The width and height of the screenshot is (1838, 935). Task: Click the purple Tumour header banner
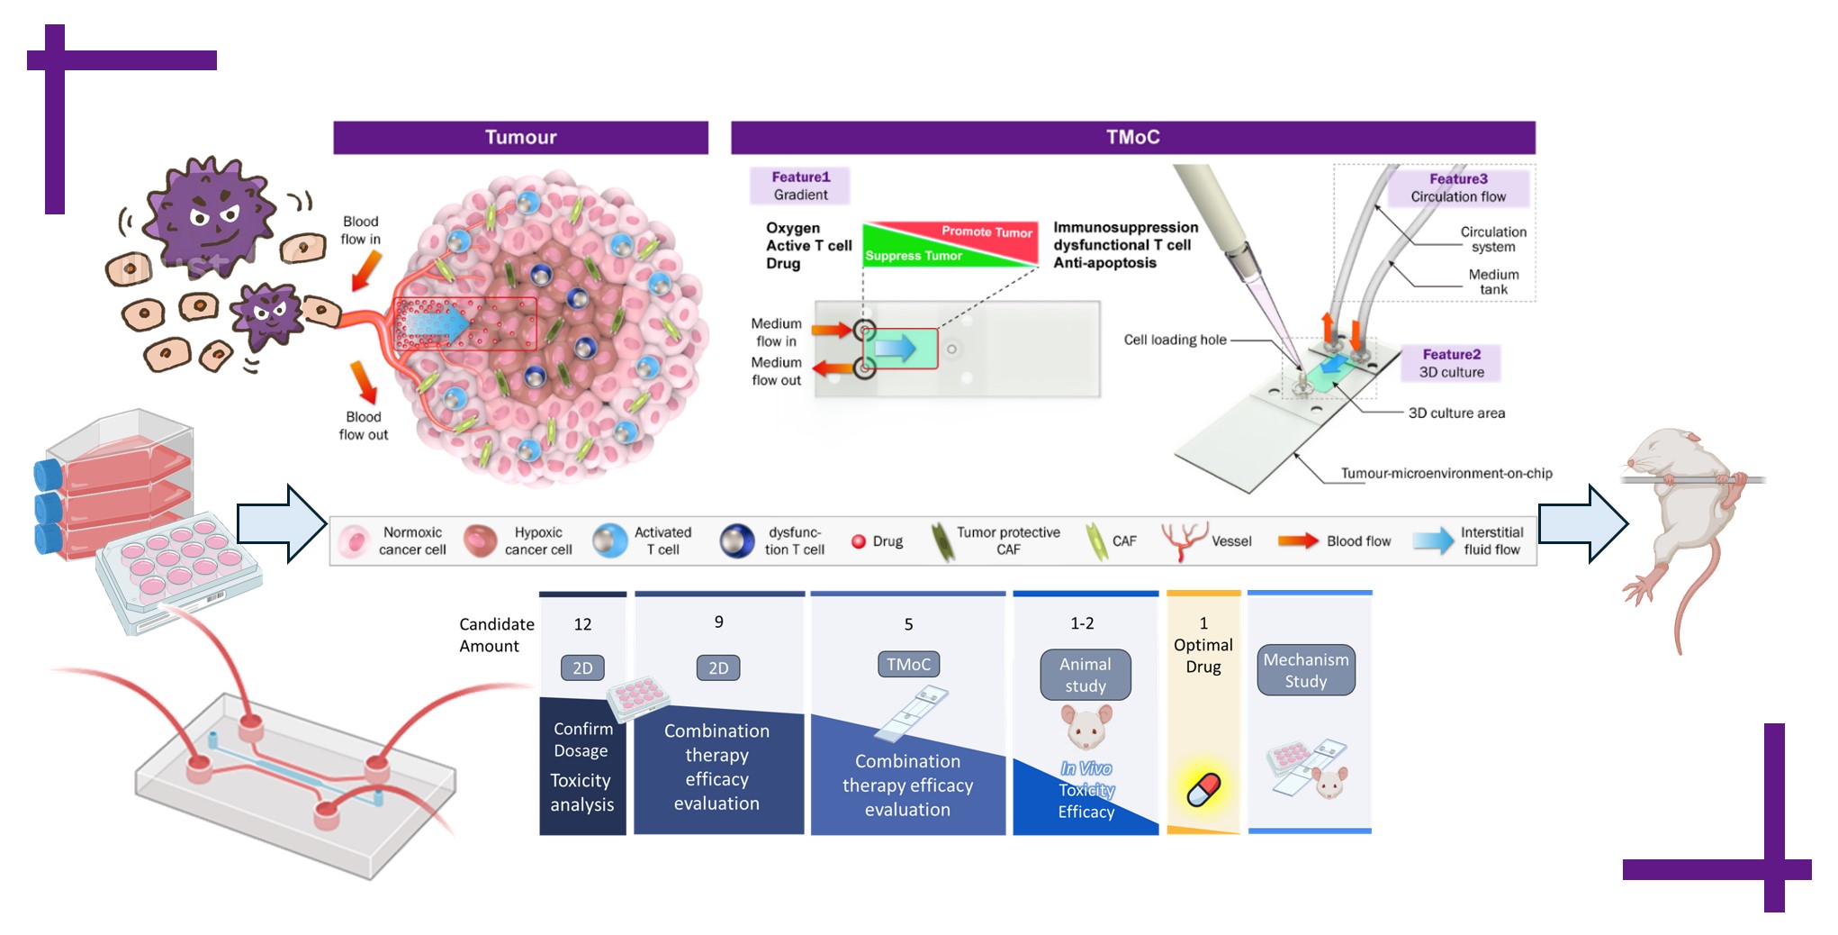click(x=520, y=138)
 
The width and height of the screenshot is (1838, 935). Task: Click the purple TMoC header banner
click(x=1132, y=138)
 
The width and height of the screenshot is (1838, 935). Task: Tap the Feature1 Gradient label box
click(x=800, y=186)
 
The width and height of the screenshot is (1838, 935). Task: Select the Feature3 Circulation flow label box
click(x=1458, y=187)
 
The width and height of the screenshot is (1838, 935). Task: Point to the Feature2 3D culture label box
click(x=1451, y=363)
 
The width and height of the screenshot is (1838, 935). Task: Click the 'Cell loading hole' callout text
click(x=1175, y=340)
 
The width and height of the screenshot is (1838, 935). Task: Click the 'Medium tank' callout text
click(x=1493, y=282)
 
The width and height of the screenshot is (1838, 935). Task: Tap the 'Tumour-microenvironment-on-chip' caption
click(x=1446, y=473)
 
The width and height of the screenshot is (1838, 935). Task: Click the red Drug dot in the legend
click(x=859, y=541)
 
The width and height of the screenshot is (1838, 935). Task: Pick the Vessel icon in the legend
click(x=1184, y=540)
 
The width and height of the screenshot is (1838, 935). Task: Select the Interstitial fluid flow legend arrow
click(x=1432, y=540)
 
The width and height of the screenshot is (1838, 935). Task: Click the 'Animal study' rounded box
click(x=1086, y=675)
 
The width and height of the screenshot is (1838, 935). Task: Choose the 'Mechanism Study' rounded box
click(x=1305, y=670)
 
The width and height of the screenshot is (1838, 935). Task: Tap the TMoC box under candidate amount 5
click(x=908, y=665)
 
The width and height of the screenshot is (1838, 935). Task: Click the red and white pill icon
click(x=1203, y=789)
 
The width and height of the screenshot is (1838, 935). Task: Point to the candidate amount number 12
click(x=582, y=624)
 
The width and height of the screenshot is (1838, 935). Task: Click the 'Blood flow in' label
click(x=360, y=231)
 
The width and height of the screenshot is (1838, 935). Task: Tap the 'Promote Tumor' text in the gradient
click(x=987, y=232)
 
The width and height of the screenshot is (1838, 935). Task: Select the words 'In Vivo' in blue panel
click(x=1086, y=768)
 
